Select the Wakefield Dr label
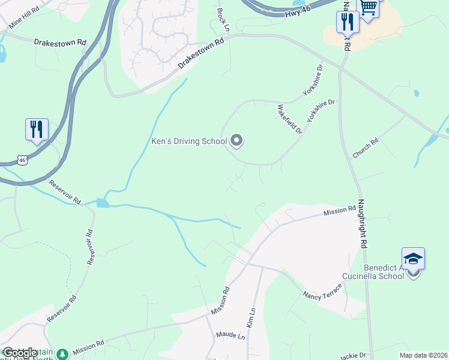289,119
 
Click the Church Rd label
366,148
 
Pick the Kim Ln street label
251,317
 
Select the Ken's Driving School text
188,142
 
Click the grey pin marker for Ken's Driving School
237,140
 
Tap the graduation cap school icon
413,259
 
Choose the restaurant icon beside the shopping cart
347,22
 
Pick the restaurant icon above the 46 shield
37,129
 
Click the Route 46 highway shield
22,160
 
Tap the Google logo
20,353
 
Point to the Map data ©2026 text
423,355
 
